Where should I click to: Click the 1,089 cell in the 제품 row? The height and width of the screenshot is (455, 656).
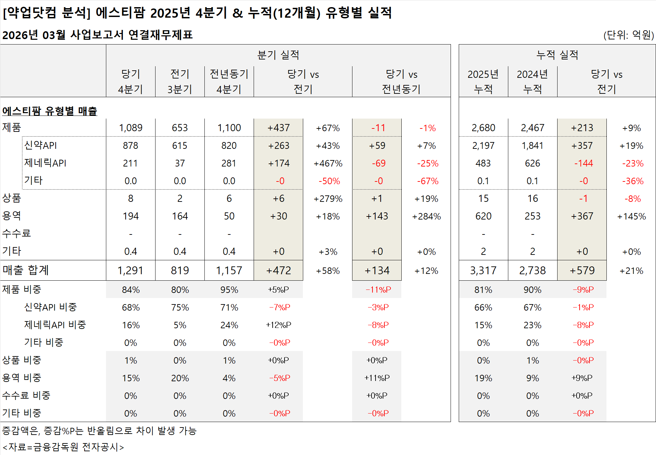click(x=130, y=128)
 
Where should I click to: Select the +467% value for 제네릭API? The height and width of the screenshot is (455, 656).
click(x=328, y=163)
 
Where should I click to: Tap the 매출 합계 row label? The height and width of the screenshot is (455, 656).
click(x=25, y=270)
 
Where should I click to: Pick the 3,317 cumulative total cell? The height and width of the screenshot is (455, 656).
click(x=483, y=270)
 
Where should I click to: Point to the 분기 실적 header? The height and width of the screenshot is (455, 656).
click(x=278, y=55)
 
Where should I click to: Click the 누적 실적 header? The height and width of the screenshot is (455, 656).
click(x=557, y=55)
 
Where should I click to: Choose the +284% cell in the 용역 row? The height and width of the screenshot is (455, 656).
click(x=426, y=216)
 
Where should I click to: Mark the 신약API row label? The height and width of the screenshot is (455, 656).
click(x=40, y=145)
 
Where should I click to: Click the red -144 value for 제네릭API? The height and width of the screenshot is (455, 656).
click(x=583, y=163)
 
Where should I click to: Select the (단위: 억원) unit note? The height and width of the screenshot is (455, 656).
click(x=628, y=35)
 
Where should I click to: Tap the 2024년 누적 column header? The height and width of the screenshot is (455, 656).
click(x=532, y=82)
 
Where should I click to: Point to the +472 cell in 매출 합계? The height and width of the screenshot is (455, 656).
click(x=278, y=270)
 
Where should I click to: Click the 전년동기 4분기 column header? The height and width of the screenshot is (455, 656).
click(x=229, y=82)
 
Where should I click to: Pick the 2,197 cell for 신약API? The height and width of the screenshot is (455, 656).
click(x=483, y=146)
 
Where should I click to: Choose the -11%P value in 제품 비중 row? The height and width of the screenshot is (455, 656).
click(x=378, y=290)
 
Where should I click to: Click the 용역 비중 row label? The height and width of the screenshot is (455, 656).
click(x=22, y=378)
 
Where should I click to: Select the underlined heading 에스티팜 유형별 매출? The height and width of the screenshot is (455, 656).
click(x=50, y=111)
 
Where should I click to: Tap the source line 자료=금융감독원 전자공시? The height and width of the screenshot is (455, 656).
click(x=63, y=447)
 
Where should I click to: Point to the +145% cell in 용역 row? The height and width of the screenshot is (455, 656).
click(x=631, y=216)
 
